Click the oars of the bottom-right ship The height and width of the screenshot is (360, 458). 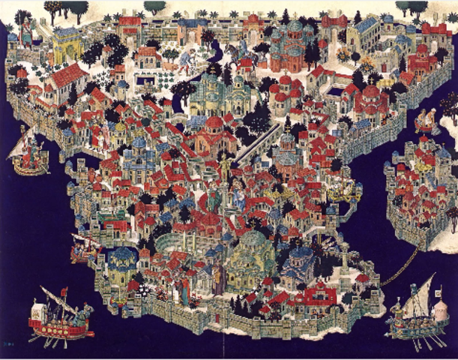(x=420, y=341)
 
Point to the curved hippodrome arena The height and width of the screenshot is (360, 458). (x=180, y=247)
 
